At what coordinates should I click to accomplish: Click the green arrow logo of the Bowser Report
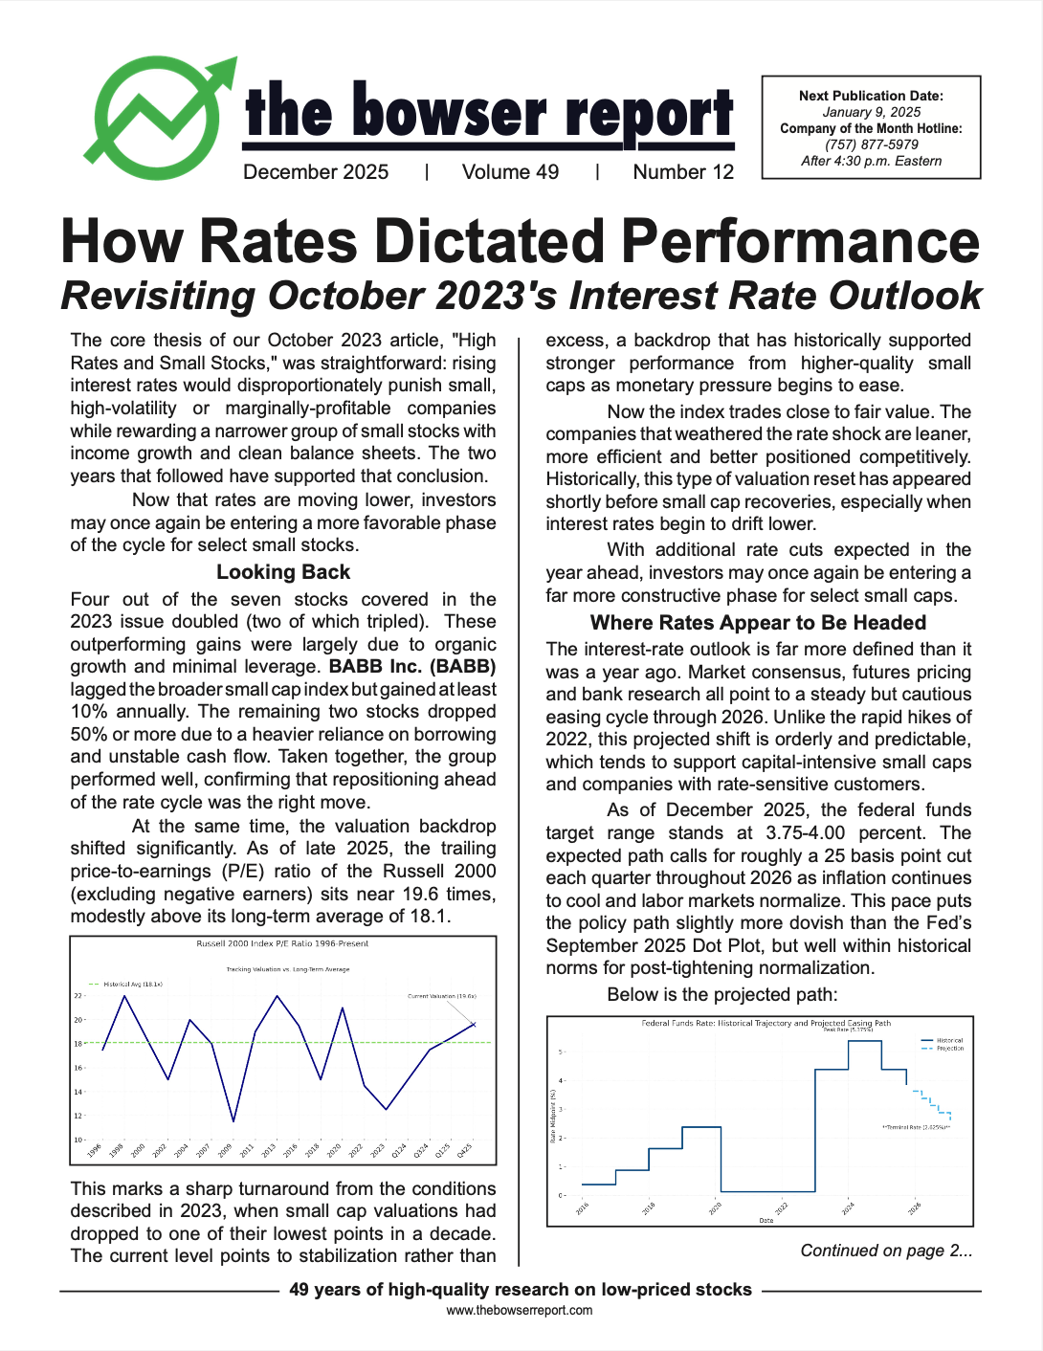158,120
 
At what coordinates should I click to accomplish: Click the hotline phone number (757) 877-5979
871,144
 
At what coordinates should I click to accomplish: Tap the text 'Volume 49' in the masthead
510,172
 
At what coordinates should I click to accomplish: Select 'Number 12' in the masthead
683,172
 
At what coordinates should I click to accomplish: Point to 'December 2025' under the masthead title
316,172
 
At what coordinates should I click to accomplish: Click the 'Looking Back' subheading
283,572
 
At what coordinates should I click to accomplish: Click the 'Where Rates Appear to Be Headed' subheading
758,623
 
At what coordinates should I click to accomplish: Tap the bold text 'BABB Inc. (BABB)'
412,667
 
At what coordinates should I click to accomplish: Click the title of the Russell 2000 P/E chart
282,943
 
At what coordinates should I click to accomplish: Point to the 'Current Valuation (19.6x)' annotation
442,996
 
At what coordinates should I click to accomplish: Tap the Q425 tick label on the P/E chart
464,1151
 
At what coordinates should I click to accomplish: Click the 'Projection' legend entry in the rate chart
949,1049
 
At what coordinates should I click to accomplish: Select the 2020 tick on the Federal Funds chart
715,1209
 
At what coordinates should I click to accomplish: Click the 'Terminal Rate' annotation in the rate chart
916,1128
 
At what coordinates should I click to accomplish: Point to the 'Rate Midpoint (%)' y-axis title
553,1116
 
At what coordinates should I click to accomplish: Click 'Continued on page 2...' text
886,1251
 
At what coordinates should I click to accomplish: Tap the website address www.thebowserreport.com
520,1311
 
